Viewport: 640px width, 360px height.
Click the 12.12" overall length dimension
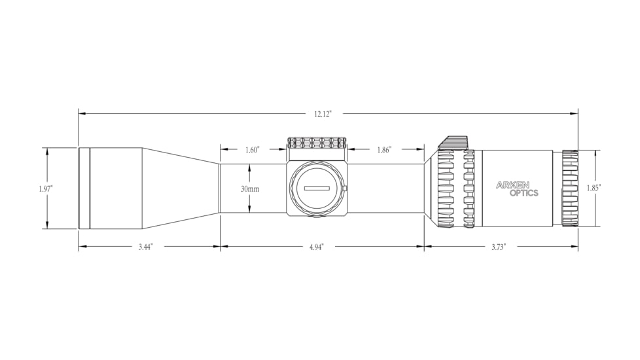coord(323,115)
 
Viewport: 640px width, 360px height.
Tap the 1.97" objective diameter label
coord(46,189)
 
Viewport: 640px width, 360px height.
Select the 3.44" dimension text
coord(145,247)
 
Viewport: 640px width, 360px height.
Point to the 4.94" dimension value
coord(316,247)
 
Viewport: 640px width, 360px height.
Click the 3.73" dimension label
coord(499,247)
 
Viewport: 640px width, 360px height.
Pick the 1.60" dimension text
coord(252,150)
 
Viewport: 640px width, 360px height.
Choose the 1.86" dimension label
coord(384,150)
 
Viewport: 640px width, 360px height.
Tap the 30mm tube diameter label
coord(250,189)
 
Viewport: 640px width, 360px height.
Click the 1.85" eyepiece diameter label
coord(594,188)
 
